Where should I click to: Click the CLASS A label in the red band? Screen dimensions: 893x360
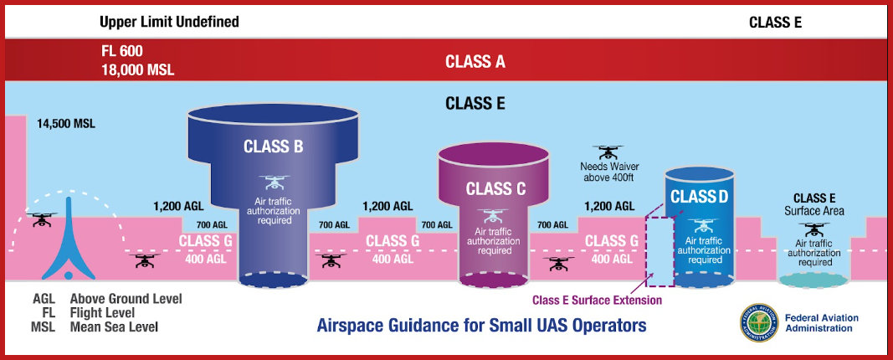click(475, 61)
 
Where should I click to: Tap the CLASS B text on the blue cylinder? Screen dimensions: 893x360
click(274, 147)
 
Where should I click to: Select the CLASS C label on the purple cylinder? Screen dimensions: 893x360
click(495, 188)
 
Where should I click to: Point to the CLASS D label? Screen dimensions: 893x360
click(700, 197)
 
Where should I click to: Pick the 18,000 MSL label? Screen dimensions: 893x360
click(136, 70)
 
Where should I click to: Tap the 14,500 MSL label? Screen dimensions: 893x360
click(66, 123)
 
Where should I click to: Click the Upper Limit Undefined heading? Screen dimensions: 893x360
click(169, 23)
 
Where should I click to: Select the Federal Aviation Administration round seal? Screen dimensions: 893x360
click(759, 321)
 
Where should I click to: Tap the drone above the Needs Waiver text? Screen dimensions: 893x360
click(607, 152)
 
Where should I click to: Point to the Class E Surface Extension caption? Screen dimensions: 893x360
click(597, 300)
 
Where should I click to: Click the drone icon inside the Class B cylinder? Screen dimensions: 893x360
click(274, 183)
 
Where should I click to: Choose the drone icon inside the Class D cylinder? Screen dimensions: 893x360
click(703, 225)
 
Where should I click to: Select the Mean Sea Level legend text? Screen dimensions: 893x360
click(114, 327)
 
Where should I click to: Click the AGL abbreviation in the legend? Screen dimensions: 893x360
click(44, 299)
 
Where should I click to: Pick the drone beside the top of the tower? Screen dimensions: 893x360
click(42, 220)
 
